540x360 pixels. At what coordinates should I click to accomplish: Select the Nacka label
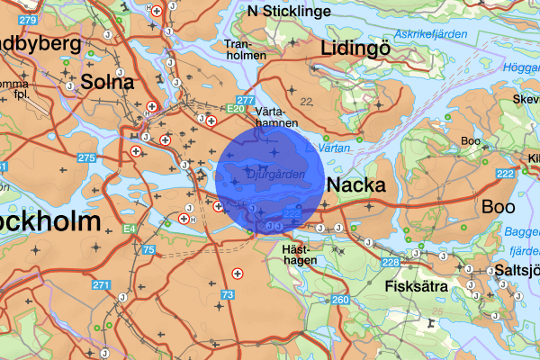pyautogui.click(x=356, y=185)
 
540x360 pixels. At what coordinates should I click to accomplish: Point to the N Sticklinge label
pyautogui.click(x=289, y=12)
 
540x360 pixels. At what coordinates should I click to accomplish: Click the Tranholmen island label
pyautogui.click(x=246, y=49)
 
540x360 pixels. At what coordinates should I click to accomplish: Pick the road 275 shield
pyautogui.click(x=86, y=158)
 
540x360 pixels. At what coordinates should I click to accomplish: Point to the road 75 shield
pyautogui.click(x=148, y=248)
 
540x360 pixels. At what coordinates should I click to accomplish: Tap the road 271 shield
pyautogui.click(x=100, y=286)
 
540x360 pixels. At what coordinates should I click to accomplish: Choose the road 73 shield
pyautogui.click(x=228, y=294)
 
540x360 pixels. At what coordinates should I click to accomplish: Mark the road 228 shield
pyautogui.click(x=391, y=262)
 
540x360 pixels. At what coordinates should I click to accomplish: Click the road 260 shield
pyautogui.click(x=339, y=300)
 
